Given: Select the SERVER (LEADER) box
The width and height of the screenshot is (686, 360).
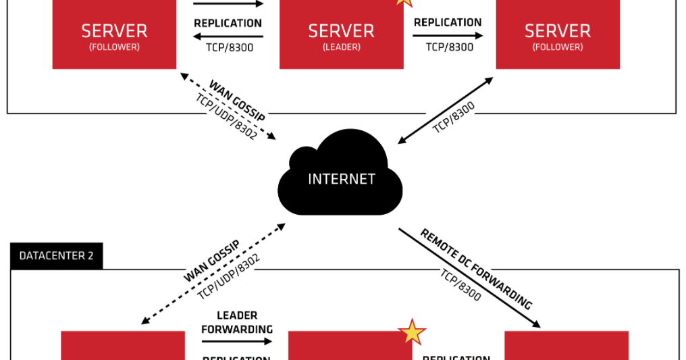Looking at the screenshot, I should [341, 37].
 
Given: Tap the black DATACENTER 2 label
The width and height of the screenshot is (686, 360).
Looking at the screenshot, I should [56, 256].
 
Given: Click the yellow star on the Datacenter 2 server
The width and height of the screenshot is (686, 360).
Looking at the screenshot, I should [411, 332].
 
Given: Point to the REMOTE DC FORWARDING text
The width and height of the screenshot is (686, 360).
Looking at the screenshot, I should [476, 268].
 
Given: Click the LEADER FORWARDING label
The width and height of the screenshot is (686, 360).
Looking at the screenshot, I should [236, 322].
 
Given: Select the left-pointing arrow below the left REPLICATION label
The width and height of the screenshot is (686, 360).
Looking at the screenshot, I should [228, 36].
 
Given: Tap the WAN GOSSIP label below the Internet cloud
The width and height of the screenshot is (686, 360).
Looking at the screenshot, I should [211, 262].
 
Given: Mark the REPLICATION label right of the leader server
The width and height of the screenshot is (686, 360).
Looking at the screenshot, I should [448, 22].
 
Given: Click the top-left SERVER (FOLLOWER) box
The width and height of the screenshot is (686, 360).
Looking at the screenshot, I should [114, 37].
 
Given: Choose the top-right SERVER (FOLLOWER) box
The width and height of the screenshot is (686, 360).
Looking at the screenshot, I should [558, 37].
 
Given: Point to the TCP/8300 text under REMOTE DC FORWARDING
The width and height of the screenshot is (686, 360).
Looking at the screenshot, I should [460, 285].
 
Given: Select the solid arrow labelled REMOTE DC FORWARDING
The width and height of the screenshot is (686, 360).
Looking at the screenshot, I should [469, 278].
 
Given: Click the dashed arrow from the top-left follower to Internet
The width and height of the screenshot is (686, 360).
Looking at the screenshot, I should [228, 106].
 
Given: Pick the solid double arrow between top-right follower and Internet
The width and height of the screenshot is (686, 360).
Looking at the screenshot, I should [446, 110].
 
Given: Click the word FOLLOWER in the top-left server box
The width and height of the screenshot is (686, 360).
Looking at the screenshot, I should [114, 47].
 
